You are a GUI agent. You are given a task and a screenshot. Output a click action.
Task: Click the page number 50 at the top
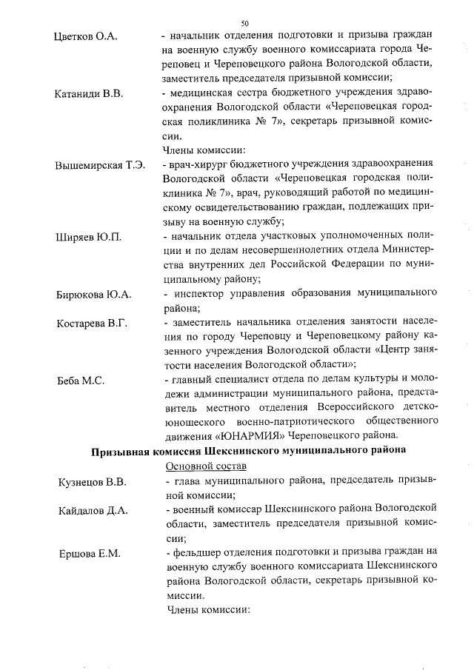[x=245, y=23]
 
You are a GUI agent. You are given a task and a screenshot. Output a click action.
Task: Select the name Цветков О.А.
[x=86, y=36]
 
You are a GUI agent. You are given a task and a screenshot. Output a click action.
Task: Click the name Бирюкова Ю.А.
[x=94, y=295]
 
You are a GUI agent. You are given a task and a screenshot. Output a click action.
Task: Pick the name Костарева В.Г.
[x=93, y=324]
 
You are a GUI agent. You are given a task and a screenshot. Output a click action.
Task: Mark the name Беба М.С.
[x=79, y=381]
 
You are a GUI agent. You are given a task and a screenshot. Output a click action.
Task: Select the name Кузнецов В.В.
[x=92, y=483]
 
